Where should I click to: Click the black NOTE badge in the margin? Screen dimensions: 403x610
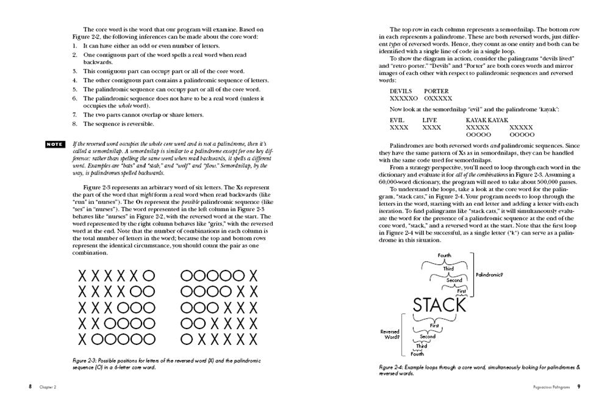[54, 144]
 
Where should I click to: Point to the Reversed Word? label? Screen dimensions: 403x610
[390, 335]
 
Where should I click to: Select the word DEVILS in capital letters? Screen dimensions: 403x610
[400, 91]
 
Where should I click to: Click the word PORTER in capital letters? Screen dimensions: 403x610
[438, 91]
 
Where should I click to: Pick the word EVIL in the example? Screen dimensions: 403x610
[398, 120]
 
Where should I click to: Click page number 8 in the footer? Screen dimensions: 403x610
[30, 387]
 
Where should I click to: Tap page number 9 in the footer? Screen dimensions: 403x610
[579, 387]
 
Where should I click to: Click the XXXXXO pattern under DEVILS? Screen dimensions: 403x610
[403, 98]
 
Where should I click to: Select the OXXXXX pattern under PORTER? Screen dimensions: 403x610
[438, 98]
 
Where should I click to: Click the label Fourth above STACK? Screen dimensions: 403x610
[445, 255]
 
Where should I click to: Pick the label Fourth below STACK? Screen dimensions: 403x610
[417, 354]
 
